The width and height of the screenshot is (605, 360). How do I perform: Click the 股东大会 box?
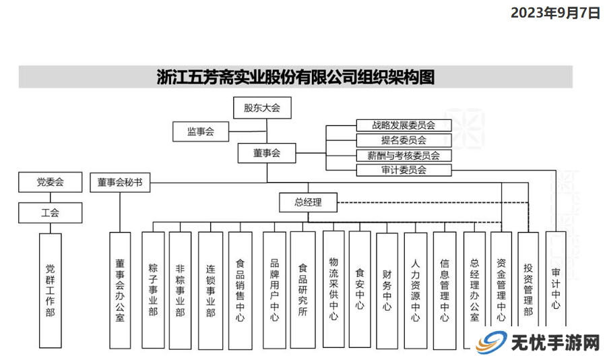(x=262, y=108)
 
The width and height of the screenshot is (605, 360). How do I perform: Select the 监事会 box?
(x=201, y=131)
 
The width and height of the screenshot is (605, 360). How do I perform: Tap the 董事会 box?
(x=267, y=153)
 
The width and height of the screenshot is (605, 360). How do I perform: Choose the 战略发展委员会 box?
(x=404, y=125)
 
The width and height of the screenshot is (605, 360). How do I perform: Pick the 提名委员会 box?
(x=404, y=140)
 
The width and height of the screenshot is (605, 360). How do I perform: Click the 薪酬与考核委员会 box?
(x=404, y=155)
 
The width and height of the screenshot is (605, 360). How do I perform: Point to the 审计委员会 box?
(x=404, y=170)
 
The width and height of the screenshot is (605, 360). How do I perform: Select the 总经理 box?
(x=309, y=202)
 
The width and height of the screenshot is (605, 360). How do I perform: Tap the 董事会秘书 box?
(x=120, y=182)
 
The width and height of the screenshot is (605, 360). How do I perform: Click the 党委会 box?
(x=50, y=182)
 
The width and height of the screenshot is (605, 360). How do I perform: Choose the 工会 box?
(x=50, y=213)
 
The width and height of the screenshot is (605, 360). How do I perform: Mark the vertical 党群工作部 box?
(x=50, y=291)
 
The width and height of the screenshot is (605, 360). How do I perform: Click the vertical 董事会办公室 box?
(x=120, y=291)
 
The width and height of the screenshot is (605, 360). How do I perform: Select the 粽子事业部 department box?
(x=153, y=290)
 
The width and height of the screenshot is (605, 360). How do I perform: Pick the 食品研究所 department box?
(x=303, y=290)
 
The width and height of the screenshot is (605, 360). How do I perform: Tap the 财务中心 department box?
(x=387, y=291)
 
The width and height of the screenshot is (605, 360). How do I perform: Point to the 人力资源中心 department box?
(x=416, y=291)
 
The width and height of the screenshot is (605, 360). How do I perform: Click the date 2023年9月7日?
(x=556, y=13)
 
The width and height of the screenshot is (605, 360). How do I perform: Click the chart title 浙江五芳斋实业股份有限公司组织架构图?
(x=296, y=77)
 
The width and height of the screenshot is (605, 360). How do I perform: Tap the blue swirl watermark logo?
(x=490, y=342)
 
